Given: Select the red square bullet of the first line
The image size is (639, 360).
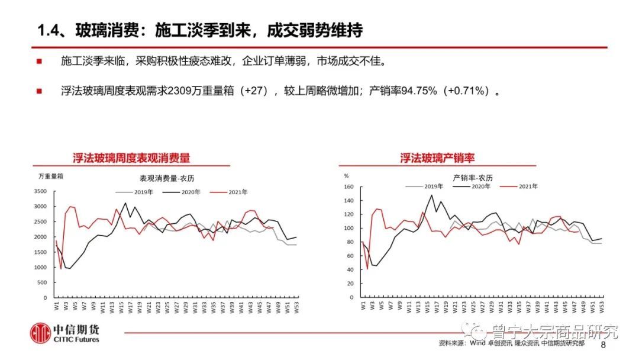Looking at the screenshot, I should [x=39, y=62].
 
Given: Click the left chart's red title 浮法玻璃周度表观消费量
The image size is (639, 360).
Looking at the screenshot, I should [x=131, y=158].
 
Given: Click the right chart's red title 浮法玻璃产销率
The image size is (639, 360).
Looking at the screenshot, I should [x=437, y=158].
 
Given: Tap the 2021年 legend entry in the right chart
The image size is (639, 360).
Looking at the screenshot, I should [x=527, y=187].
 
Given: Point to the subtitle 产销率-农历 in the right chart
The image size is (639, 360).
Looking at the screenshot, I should [x=473, y=177].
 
